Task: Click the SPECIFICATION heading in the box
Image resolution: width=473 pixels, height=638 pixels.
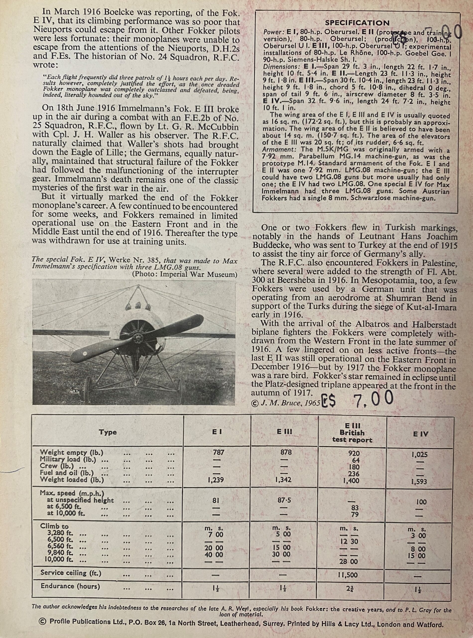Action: pyautogui.click(x=357, y=23)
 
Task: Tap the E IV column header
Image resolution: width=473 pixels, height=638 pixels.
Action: pyautogui.click(x=420, y=434)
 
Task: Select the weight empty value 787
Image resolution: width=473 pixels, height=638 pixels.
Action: pyautogui.click(x=218, y=452)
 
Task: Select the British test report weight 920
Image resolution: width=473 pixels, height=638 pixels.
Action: pyautogui.click(x=354, y=454)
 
